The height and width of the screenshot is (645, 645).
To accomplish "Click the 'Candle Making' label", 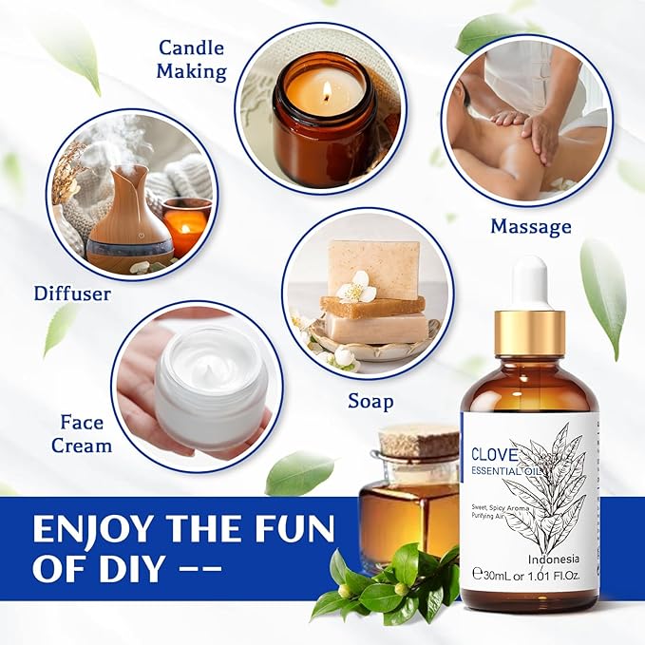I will [192, 59].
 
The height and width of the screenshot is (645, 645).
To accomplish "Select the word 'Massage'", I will [530, 226].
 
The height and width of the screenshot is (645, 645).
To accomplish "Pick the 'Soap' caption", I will [370, 401].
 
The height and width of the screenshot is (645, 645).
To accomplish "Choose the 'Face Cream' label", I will [86, 432].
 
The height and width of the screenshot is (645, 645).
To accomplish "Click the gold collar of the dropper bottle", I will [529, 332].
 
